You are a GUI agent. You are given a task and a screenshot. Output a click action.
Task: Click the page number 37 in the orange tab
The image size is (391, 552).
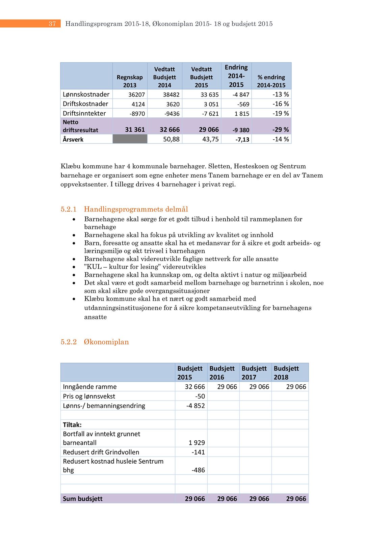52,24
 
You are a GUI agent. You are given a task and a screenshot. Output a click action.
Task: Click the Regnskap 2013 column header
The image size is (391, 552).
130,81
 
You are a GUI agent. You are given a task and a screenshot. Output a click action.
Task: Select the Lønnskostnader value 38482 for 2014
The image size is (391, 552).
171,95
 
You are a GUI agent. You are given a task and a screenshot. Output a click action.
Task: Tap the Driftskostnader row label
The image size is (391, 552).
85,104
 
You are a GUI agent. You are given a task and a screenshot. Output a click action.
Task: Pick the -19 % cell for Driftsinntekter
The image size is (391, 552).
281,113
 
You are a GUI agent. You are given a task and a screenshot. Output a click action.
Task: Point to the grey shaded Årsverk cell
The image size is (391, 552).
130,139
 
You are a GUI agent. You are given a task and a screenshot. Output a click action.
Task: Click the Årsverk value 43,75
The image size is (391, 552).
210,139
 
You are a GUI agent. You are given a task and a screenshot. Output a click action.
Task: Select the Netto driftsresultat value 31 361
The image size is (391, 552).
135,130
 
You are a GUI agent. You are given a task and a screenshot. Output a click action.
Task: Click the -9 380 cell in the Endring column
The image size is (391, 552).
241,130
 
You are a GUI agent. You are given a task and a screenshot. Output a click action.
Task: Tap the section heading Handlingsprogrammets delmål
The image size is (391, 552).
136,209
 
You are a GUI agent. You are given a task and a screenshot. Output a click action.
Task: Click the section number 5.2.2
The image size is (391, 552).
69,342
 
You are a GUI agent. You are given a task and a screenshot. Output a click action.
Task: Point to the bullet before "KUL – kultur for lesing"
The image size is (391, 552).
74,267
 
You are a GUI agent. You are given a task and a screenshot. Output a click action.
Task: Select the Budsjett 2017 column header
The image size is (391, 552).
254,372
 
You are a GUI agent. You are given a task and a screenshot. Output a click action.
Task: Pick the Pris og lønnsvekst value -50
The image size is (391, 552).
200,396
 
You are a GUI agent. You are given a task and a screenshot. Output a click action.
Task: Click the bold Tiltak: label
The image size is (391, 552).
72,424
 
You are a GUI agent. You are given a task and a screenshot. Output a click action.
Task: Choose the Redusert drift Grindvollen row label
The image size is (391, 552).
101,452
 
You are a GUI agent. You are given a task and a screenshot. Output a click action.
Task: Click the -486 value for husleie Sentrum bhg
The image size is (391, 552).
198,470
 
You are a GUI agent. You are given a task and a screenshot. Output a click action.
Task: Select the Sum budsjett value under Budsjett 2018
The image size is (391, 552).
296,499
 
